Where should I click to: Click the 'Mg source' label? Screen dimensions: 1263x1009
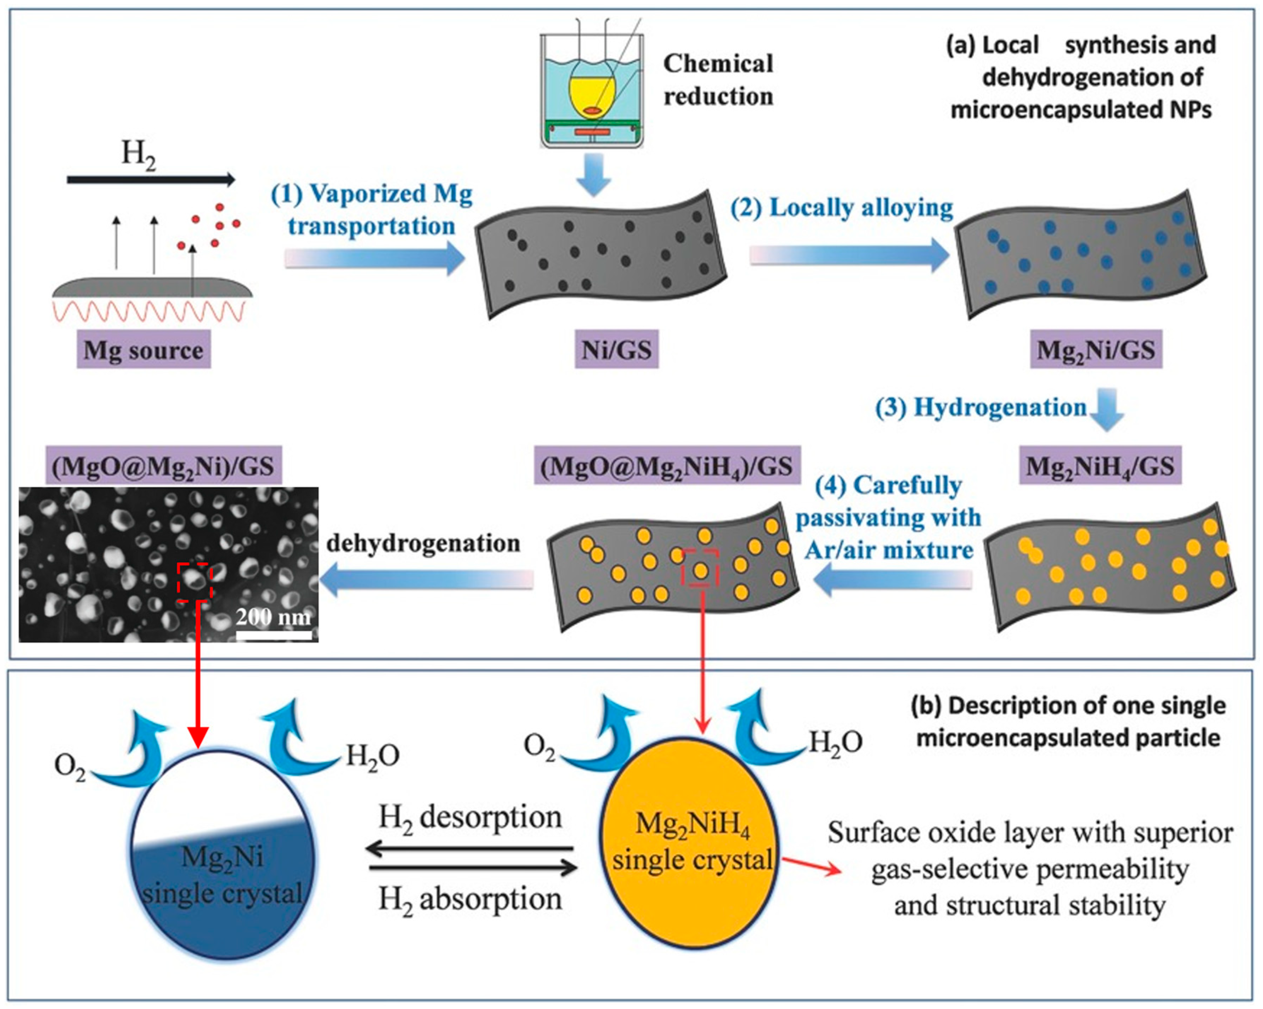pyautogui.click(x=144, y=350)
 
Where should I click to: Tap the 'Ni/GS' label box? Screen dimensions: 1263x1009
pyautogui.click(x=616, y=350)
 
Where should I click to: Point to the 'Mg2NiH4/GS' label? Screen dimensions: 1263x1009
pyautogui.click(x=1100, y=466)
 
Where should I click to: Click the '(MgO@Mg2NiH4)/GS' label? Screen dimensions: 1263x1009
pyautogui.click(x=667, y=466)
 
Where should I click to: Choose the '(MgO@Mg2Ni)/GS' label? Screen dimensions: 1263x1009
pyautogui.click(x=163, y=466)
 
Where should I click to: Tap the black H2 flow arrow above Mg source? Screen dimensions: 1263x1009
pyautogui.click(x=151, y=179)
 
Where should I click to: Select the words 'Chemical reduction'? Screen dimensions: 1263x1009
pyautogui.click(x=718, y=80)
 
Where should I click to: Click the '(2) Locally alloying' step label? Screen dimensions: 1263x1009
pyautogui.click(x=842, y=208)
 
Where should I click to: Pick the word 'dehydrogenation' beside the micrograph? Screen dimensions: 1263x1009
pyautogui.click(x=423, y=543)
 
